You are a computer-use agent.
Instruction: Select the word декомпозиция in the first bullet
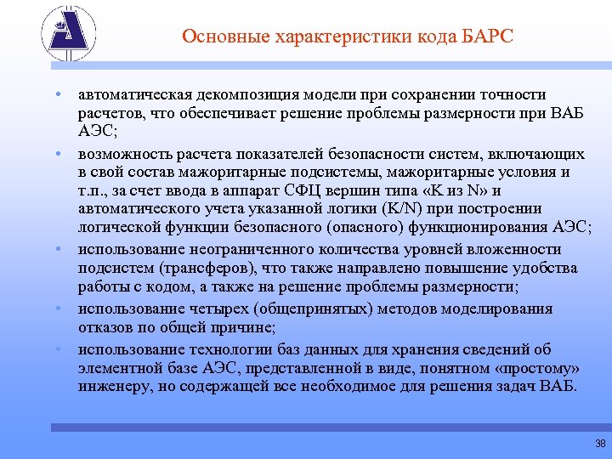coord(234,94)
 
